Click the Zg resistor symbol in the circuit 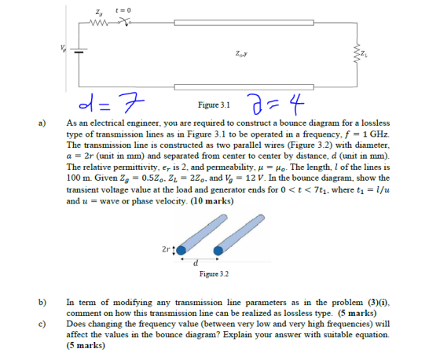pos(98,22)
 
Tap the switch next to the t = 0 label pos(125,21)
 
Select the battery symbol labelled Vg pos(79,50)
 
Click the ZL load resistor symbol pos(357,53)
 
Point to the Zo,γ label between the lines pos(241,53)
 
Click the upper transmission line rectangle pos(244,23)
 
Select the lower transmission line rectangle pos(244,87)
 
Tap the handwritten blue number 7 pos(131,102)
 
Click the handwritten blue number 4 pos(295,104)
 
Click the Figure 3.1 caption pos(214,105)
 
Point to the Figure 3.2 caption pos(214,274)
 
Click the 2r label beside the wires pos(166,249)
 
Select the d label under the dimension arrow pos(196,263)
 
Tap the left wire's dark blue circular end pos(181,250)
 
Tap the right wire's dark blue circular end pos(218,251)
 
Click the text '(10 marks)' pos(212,201)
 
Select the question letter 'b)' pos(42,302)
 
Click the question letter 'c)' pos(42,324)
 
